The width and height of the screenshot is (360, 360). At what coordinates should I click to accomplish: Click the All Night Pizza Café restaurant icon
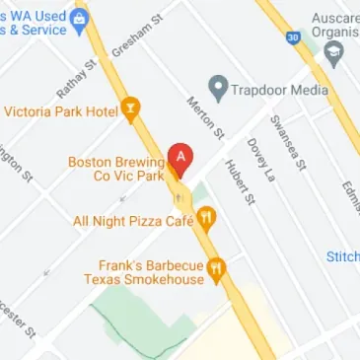click(x=205, y=220)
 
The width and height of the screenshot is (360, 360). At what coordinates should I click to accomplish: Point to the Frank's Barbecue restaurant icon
click(x=221, y=266)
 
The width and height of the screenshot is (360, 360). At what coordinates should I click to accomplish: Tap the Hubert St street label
click(x=240, y=182)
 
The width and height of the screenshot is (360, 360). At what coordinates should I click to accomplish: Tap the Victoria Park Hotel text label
click(x=60, y=109)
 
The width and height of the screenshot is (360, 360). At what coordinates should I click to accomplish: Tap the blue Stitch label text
click(x=343, y=257)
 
